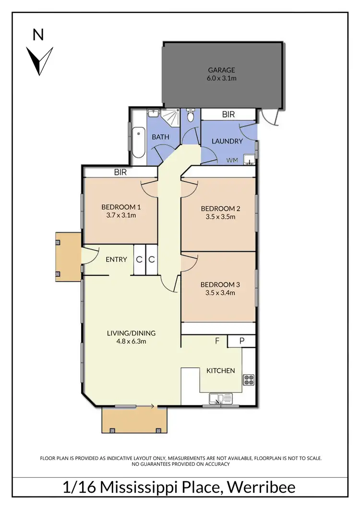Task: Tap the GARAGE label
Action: tap(221, 70)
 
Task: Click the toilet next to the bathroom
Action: tap(191, 116)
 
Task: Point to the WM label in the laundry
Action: tap(232, 160)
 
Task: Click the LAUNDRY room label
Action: tap(227, 141)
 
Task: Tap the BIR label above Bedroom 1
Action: tap(120, 172)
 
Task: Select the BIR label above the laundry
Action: tap(228, 115)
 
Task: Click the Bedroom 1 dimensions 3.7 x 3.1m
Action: tap(121, 215)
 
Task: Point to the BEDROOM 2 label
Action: tap(220, 208)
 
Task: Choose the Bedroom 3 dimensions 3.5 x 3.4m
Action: tap(220, 293)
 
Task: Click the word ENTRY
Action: tap(116, 260)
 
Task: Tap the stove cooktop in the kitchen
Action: tap(249, 380)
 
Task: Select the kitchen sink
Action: tap(221, 398)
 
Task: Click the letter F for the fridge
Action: tap(217, 341)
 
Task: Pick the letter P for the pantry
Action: tap(241, 341)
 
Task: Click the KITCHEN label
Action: tap(220, 370)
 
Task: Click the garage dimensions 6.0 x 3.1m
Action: tap(221, 78)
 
